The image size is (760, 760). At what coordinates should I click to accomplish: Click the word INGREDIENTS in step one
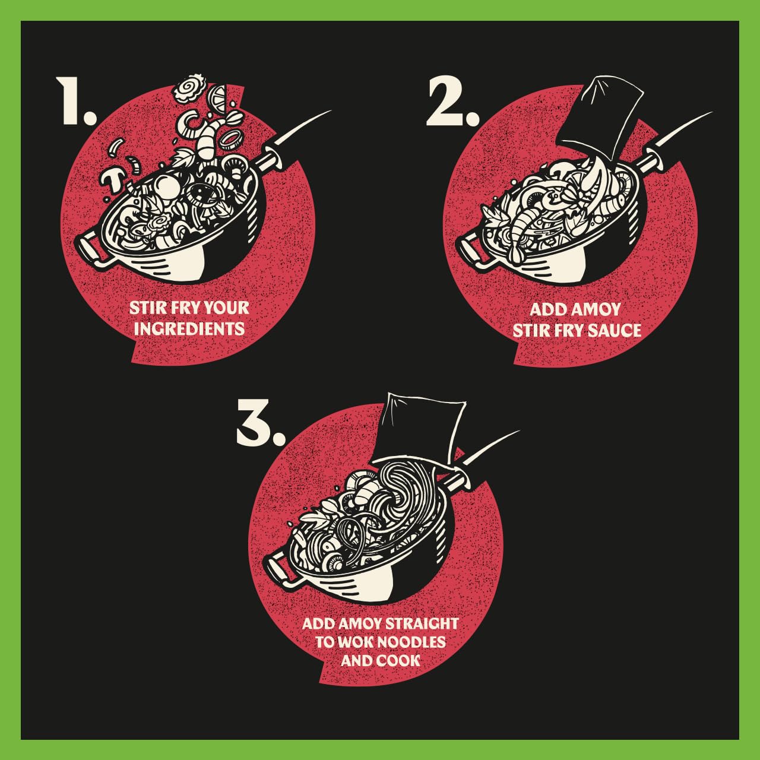coord(189,328)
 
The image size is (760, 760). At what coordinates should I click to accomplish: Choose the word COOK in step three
coord(399,661)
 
